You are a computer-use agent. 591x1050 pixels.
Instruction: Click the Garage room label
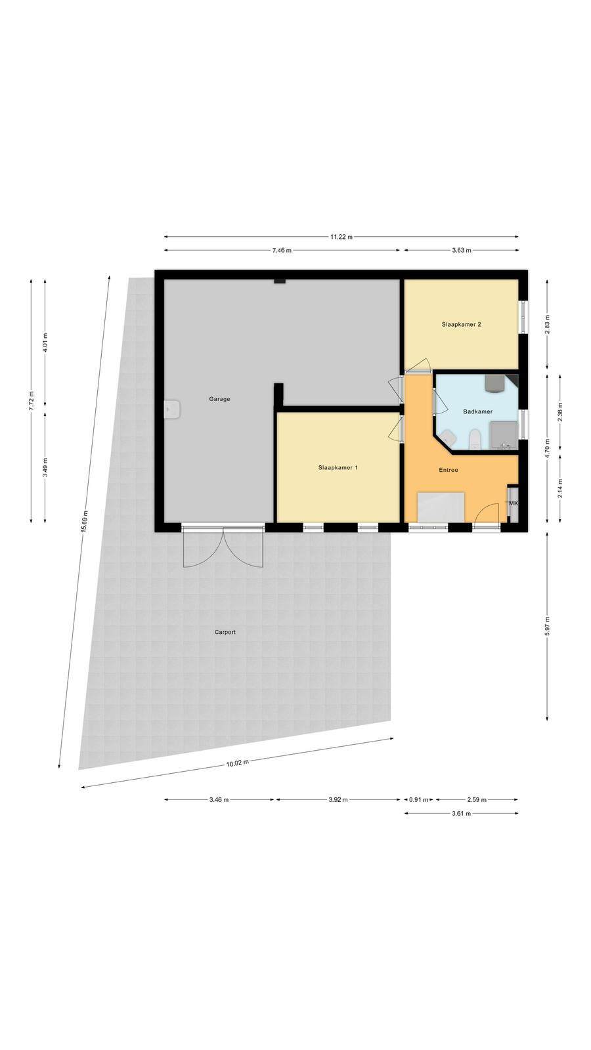tap(219, 399)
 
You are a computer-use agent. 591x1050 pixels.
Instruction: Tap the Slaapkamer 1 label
tap(338, 467)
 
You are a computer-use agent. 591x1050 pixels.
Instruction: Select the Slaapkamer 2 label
tap(461, 324)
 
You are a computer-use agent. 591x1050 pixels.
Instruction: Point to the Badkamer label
tap(477, 411)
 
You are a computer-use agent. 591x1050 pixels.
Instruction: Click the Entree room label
tap(449, 470)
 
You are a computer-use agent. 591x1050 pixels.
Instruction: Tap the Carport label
tap(225, 632)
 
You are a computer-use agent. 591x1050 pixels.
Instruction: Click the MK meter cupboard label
tap(514, 503)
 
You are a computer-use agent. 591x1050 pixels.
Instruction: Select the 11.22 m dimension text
tap(341, 237)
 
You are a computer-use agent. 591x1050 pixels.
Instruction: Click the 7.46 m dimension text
tap(282, 250)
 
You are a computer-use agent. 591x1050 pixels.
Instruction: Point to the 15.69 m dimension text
tap(84, 521)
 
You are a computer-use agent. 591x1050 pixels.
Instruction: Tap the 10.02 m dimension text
tap(237, 763)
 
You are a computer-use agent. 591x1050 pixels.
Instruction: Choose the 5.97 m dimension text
tap(547, 626)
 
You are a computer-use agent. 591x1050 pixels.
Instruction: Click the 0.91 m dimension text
tap(419, 800)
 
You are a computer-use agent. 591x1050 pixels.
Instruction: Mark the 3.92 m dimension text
tap(338, 800)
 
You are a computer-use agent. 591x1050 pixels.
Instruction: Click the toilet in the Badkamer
tap(475, 439)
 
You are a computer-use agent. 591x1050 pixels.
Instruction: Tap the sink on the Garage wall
tap(171, 409)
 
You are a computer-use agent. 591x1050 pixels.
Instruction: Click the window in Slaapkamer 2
tap(523, 318)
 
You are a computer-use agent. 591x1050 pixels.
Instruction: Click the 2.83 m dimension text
tap(547, 324)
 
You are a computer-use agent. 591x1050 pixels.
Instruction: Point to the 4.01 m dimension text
tap(45, 342)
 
